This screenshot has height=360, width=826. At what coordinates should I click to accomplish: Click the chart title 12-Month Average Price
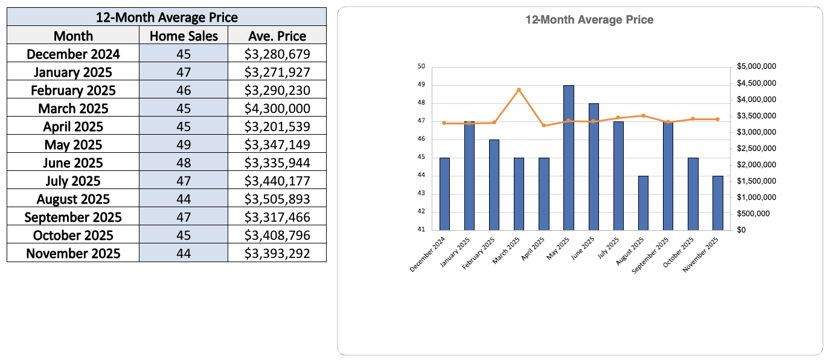pyautogui.click(x=589, y=20)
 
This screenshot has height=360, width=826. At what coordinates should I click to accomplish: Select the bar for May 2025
pyautogui.click(x=569, y=157)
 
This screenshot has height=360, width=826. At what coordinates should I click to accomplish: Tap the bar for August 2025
pyautogui.click(x=643, y=203)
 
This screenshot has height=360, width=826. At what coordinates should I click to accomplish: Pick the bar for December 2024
pyautogui.click(x=444, y=193)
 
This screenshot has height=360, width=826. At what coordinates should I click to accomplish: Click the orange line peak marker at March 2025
pyautogui.click(x=519, y=90)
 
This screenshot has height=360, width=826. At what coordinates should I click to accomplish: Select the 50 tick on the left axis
pyautogui.click(x=421, y=66)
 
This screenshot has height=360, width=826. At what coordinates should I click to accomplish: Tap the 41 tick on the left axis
pyautogui.click(x=421, y=230)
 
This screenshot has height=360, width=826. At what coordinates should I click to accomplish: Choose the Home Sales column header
pyautogui.click(x=184, y=36)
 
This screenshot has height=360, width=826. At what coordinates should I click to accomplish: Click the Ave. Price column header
pyautogui.click(x=277, y=36)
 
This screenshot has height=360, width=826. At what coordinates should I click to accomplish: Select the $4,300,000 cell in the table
pyautogui.click(x=277, y=109)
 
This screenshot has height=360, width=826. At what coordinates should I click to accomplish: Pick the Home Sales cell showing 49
pyautogui.click(x=184, y=145)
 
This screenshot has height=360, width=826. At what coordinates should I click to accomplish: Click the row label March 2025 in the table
pyautogui.click(x=73, y=109)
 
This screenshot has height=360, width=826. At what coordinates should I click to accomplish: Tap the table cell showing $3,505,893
pyautogui.click(x=277, y=199)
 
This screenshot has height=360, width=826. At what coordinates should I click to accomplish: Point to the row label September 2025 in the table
pyautogui.click(x=73, y=217)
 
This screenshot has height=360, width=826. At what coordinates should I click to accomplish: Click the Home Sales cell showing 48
pyautogui.click(x=184, y=163)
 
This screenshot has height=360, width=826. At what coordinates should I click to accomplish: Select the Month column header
pyautogui.click(x=73, y=36)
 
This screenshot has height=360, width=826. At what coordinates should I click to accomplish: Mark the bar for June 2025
pyautogui.click(x=594, y=166)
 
